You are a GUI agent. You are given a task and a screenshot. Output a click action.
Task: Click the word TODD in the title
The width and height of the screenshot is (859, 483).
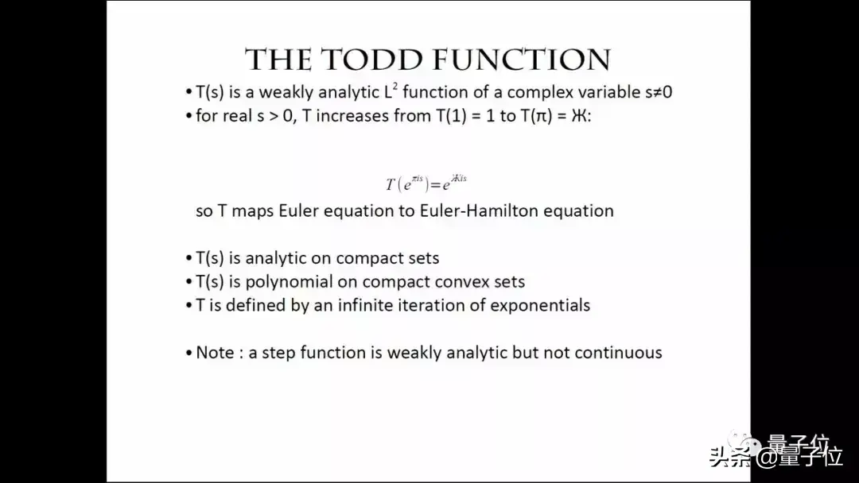click(372, 60)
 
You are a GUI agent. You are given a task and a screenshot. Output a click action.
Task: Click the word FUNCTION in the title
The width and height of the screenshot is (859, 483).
click(521, 60)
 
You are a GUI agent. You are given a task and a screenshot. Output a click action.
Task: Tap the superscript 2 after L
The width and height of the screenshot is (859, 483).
click(395, 87)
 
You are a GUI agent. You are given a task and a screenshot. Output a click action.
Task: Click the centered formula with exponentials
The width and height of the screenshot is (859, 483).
click(426, 184)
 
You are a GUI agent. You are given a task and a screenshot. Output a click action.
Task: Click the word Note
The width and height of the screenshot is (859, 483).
click(215, 352)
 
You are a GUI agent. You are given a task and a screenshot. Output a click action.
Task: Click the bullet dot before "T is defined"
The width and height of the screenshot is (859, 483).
click(189, 305)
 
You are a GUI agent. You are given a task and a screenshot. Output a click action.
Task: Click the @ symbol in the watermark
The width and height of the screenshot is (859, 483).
click(764, 457)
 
